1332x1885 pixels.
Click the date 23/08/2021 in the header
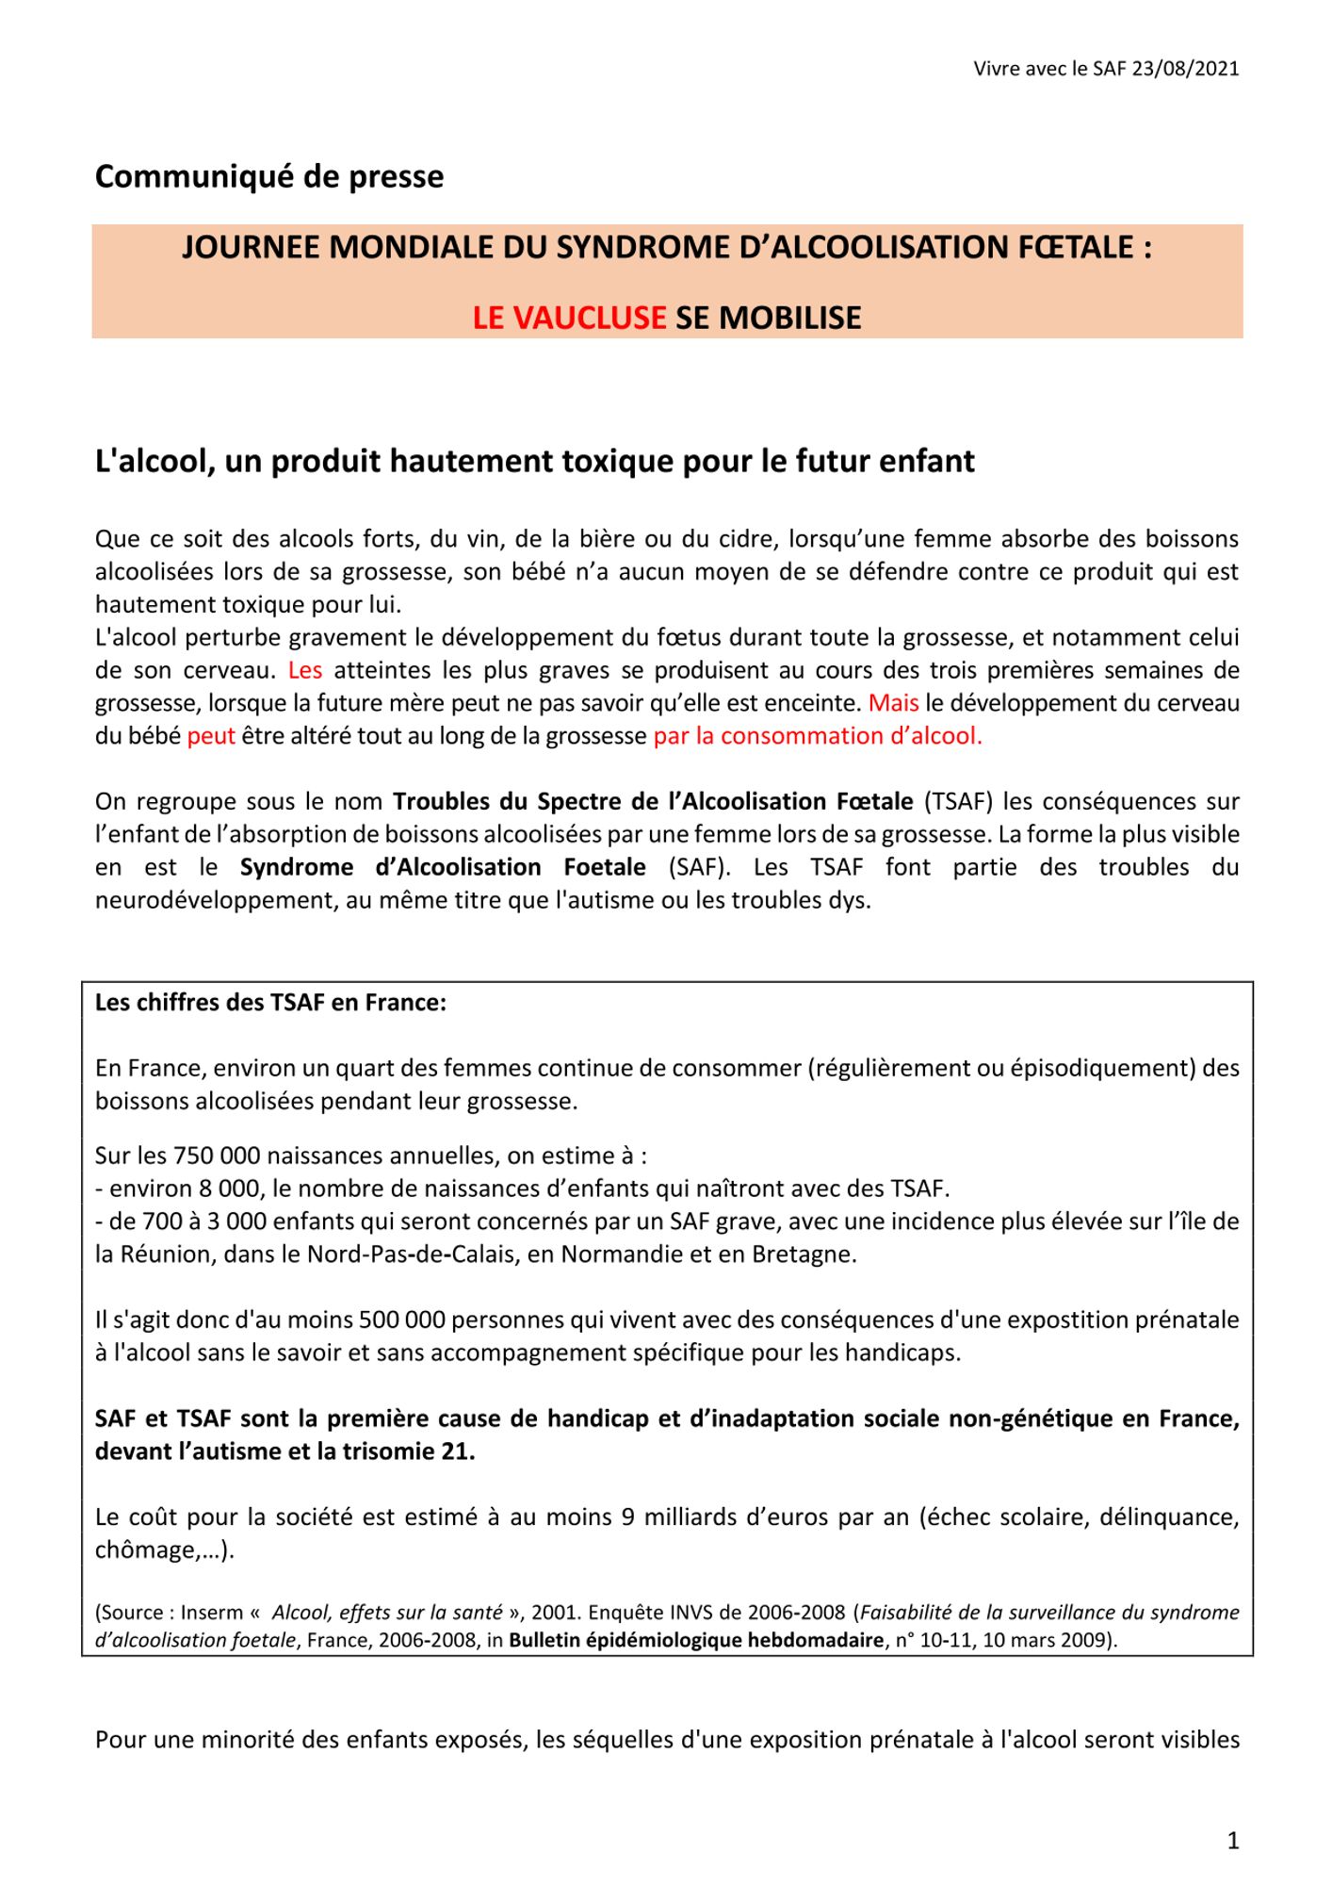pyautogui.click(x=1185, y=69)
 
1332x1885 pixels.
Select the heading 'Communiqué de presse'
pyautogui.click(x=269, y=176)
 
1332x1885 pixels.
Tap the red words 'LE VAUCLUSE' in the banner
pyautogui.click(x=569, y=318)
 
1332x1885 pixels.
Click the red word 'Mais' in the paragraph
pyautogui.click(x=893, y=703)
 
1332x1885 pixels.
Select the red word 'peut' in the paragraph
pyautogui.click(x=211, y=736)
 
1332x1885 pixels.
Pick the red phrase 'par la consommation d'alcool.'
pyautogui.click(x=818, y=736)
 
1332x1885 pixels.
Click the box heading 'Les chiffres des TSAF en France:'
pyautogui.click(x=270, y=1002)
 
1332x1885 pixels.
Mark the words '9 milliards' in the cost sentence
pyautogui.click(x=674, y=1517)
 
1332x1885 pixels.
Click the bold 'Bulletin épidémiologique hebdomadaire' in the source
pyautogui.click(x=696, y=1640)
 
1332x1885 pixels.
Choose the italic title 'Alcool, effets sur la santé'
pyautogui.click(x=387, y=1613)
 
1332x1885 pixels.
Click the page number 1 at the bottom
pyautogui.click(x=1233, y=1841)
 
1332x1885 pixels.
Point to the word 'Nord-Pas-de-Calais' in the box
pyautogui.click(x=410, y=1254)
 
